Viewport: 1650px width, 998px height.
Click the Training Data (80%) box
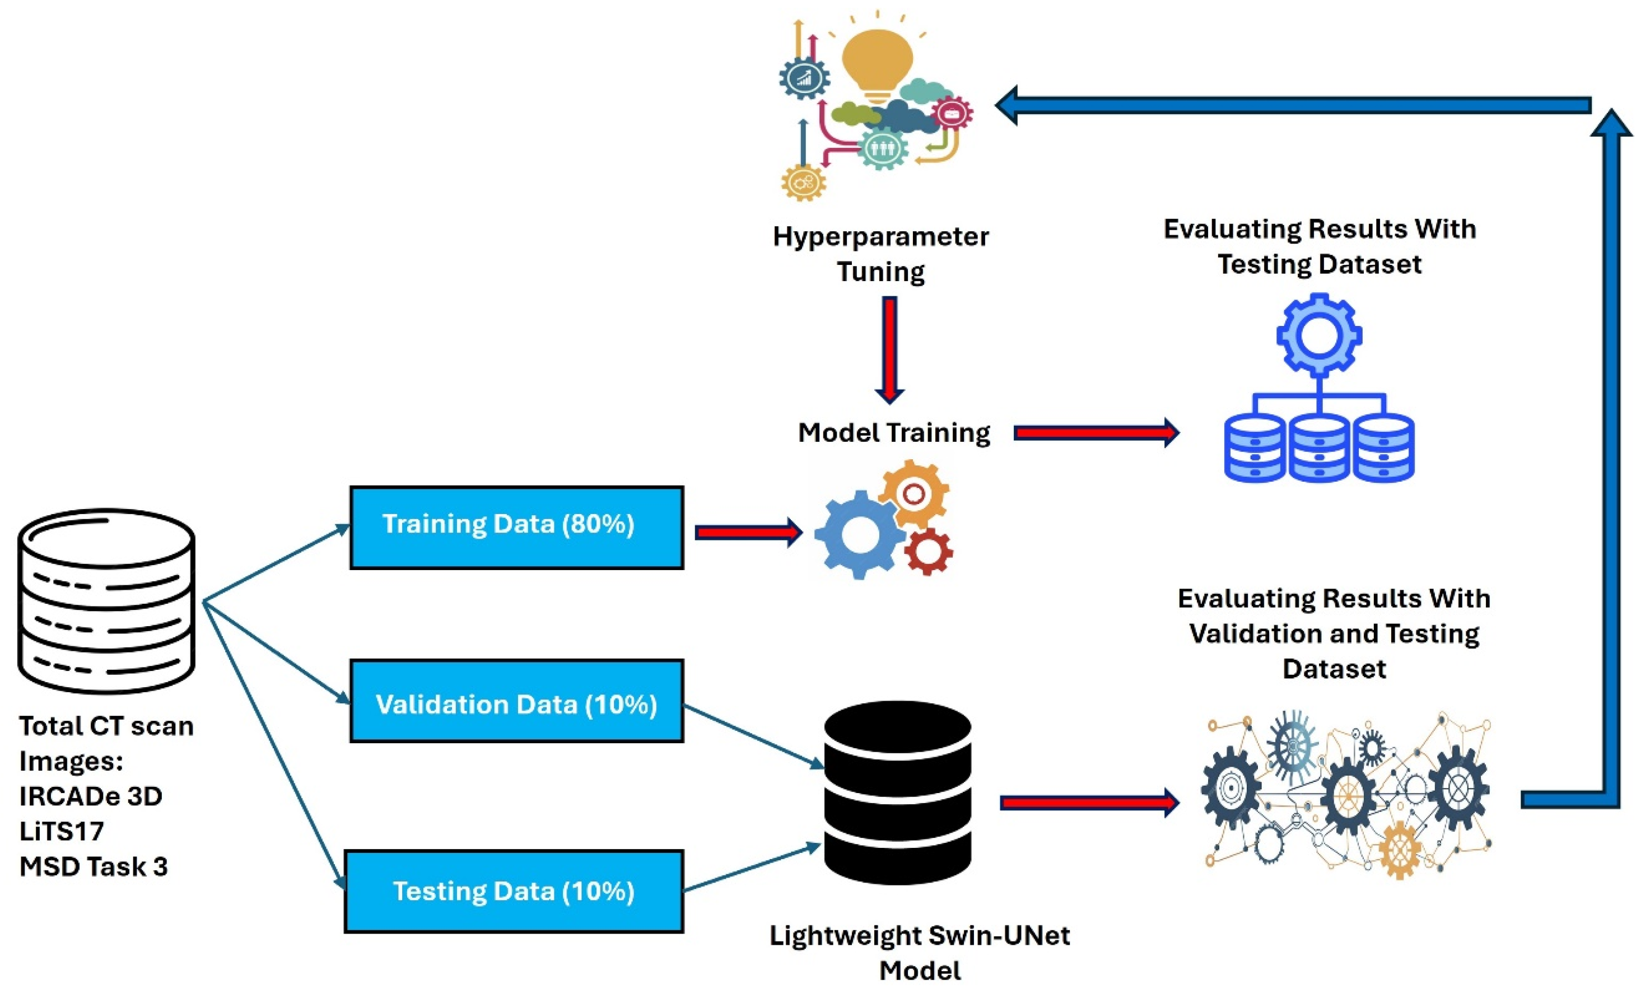click(x=516, y=528)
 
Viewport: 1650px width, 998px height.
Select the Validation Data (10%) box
click(x=516, y=701)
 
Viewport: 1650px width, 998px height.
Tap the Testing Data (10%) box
click(x=514, y=891)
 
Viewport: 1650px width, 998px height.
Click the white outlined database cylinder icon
click(x=106, y=600)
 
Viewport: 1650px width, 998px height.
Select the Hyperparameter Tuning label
click(x=880, y=254)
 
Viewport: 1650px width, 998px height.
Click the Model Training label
click(x=893, y=433)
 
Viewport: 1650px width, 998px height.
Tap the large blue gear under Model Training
click(x=859, y=534)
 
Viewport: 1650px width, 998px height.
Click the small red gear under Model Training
click(x=927, y=551)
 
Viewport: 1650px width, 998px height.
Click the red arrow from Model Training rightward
click(x=1096, y=433)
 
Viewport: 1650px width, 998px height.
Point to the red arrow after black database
click(x=1089, y=803)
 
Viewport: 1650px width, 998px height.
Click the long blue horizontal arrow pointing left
click(x=1293, y=105)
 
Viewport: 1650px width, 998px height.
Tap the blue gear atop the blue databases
click(x=1318, y=335)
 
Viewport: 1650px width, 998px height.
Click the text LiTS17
click(x=62, y=831)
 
